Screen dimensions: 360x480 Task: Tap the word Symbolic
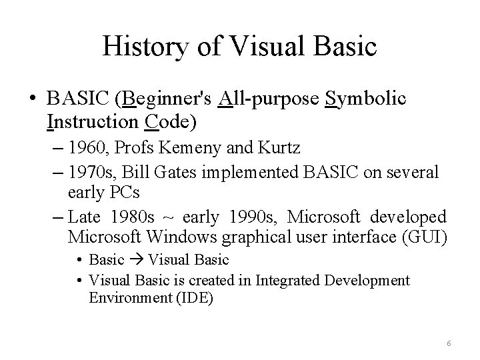point(366,99)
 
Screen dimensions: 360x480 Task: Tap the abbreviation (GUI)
point(423,237)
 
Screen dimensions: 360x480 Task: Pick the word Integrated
point(289,281)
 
